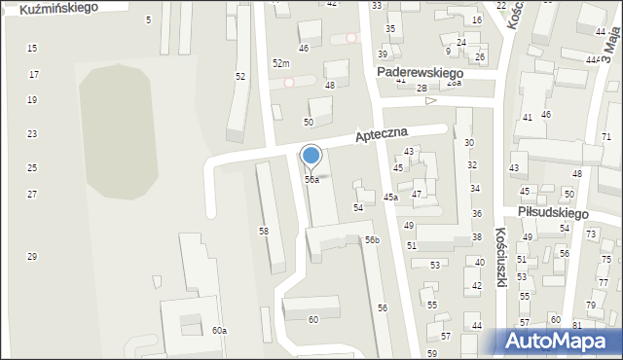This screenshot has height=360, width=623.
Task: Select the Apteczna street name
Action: click(x=394, y=134)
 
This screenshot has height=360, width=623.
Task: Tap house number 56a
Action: click(x=311, y=180)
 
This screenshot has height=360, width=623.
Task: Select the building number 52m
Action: click(x=281, y=63)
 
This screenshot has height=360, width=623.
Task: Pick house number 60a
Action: click(x=219, y=331)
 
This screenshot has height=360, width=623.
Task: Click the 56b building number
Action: click(x=372, y=239)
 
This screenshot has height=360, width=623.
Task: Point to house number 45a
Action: click(x=390, y=198)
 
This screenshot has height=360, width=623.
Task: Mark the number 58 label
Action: click(x=263, y=231)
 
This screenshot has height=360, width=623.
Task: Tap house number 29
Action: click(x=32, y=257)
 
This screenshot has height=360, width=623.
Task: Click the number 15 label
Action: click(x=32, y=48)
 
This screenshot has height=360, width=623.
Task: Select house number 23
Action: click(x=32, y=133)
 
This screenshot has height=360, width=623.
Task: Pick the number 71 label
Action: click(x=605, y=136)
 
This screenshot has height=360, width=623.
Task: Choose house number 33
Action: click(x=377, y=6)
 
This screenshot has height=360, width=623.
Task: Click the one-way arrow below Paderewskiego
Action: click(x=430, y=100)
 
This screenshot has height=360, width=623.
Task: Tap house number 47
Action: click(x=417, y=195)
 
